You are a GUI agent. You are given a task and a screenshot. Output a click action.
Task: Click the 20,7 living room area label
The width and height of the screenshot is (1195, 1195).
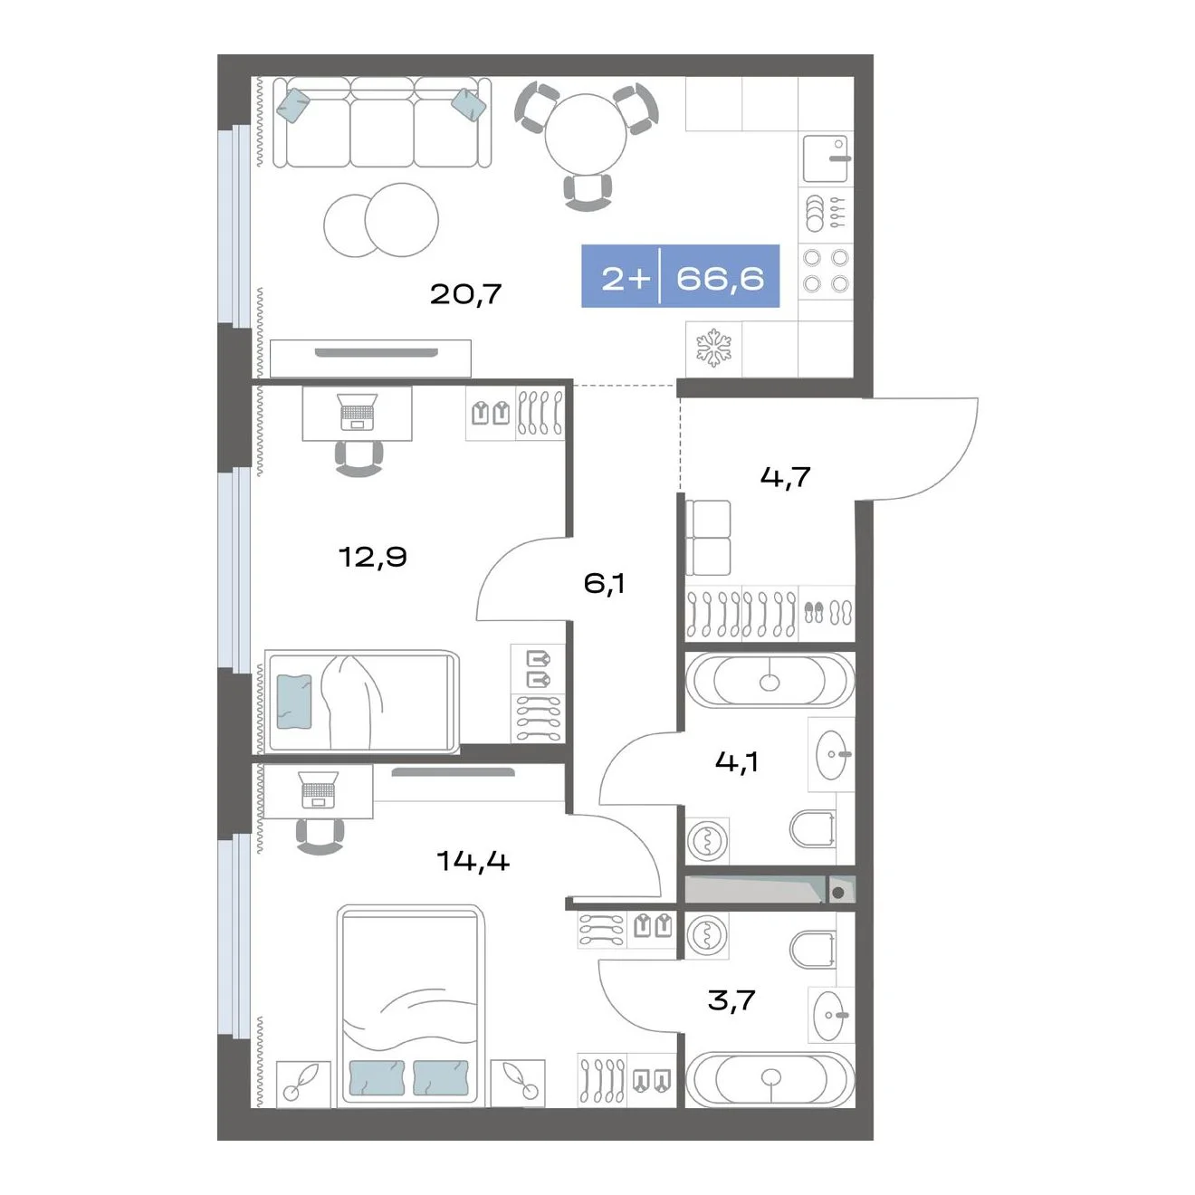[465, 294]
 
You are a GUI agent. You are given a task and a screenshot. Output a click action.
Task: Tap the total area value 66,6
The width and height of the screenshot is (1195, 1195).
[720, 279]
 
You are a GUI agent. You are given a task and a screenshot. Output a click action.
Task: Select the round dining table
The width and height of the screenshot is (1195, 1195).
[586, 135]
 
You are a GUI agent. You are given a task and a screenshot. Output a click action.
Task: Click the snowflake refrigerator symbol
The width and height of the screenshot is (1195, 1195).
[713, 348]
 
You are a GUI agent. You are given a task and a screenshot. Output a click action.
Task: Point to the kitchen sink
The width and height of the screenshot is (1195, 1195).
[826, 158]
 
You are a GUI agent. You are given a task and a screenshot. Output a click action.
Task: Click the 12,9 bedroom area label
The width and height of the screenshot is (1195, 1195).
[373, 557]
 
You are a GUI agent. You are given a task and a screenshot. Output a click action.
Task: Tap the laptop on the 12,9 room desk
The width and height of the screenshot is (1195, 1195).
[358, 412]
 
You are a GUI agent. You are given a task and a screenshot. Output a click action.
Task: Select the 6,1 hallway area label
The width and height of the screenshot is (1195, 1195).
[604, 584]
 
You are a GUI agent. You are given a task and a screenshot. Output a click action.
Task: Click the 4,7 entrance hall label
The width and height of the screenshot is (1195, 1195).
[785, 477]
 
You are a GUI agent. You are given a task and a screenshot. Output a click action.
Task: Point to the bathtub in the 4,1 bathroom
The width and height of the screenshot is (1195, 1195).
[770, 680]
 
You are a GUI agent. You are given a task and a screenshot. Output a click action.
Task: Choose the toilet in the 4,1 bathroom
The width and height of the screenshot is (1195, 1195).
[812, 828]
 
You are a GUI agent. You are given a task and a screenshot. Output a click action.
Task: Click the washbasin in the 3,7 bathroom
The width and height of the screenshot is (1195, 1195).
[829, 1015]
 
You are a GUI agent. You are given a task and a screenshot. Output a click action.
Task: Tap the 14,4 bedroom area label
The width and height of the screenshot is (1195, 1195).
[473, 861]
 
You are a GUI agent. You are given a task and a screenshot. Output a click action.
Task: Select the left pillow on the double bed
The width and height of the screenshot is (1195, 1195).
[377, 1077]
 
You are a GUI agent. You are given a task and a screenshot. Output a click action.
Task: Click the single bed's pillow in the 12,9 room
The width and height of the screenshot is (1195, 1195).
[294, 702]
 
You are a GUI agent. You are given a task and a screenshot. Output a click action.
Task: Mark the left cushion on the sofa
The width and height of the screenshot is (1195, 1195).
[292, 105]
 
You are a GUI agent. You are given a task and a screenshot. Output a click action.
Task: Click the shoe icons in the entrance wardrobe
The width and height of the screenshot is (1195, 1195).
[827, 613]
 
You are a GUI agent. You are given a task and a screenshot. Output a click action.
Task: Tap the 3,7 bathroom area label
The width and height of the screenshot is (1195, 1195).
[731, 1000]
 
